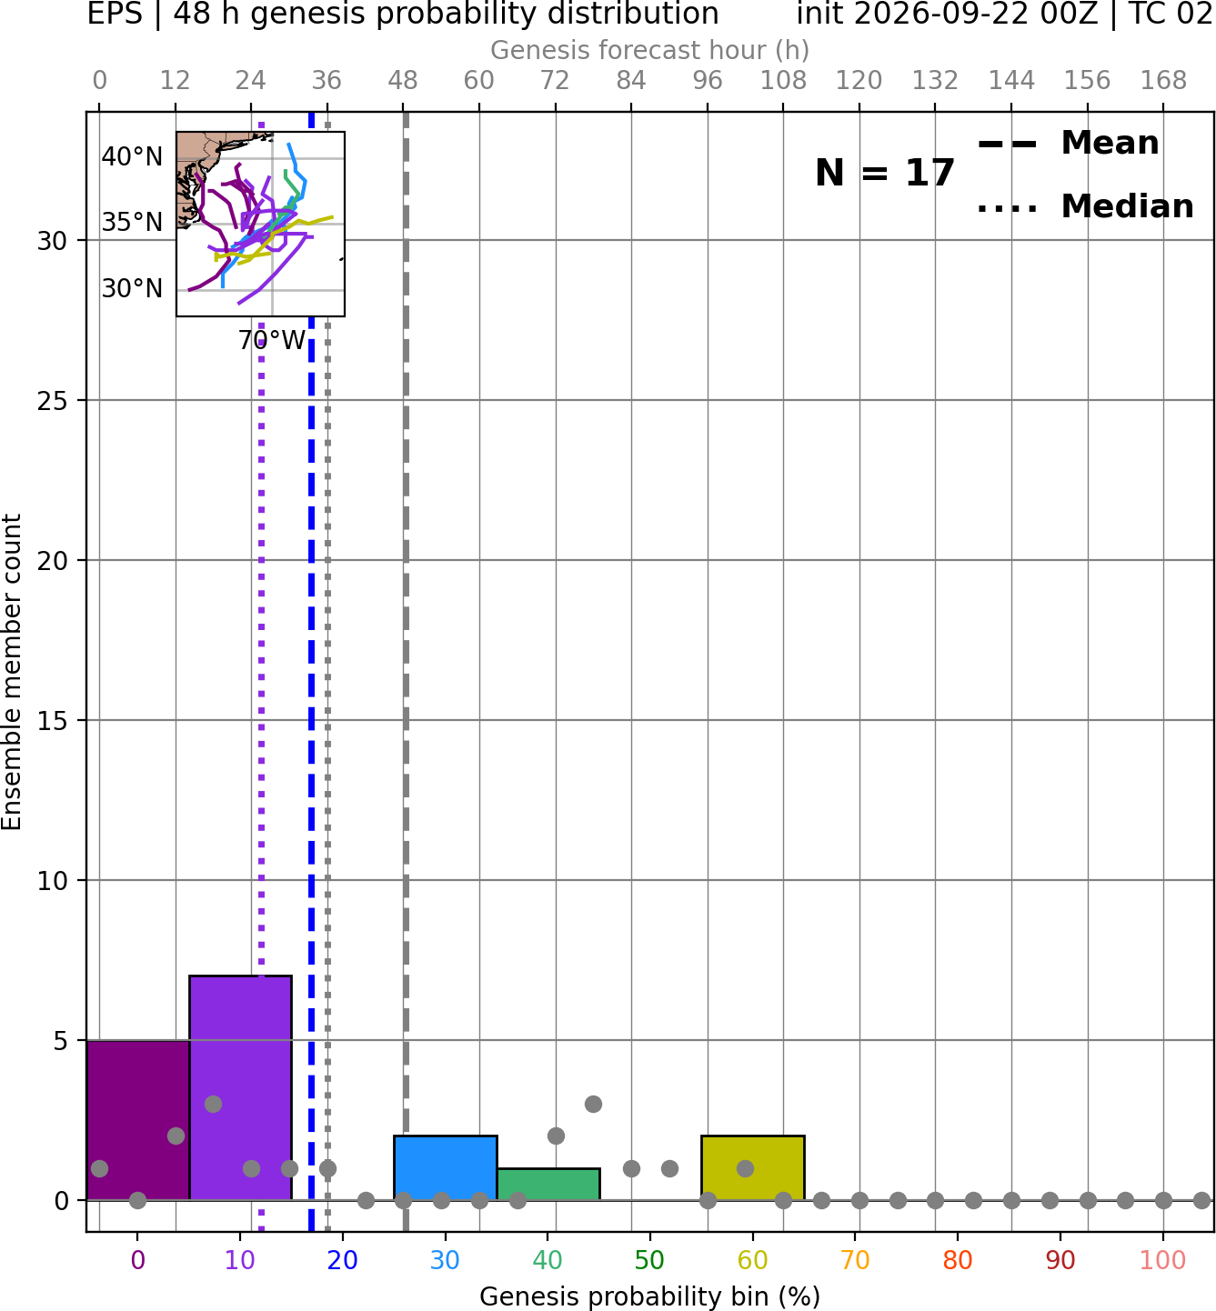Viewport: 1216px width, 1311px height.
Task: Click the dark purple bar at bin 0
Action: click(x=138, y=1120)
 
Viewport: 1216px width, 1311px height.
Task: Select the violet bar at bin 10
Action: click(x=240, y=1088)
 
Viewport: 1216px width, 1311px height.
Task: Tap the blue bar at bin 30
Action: click(x=445, y=1168)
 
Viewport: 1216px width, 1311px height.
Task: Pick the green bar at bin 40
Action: click(x=548, y=1185)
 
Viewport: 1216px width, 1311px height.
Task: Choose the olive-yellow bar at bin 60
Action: click(x=753, y=1168)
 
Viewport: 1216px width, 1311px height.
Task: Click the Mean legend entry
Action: click(x=1068, y=144)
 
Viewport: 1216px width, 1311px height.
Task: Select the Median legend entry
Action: click(x=1085, y=206)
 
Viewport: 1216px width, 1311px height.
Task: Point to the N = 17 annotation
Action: click(x=885, y=173)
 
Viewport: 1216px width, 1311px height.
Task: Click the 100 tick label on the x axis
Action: click(x=1163, y=1260)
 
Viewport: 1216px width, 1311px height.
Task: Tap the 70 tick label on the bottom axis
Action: click(x=855, y=1260)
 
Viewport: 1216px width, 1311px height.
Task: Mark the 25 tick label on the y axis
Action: click(x=53, y=401)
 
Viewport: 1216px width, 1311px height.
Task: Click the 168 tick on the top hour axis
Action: click(x=1163, y=81)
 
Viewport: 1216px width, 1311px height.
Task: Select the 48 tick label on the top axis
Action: click(x=403, y=81)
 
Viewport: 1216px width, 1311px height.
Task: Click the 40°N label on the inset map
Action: click(x=132, y=157)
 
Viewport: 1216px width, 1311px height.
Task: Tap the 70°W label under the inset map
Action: click(x=272, y=341)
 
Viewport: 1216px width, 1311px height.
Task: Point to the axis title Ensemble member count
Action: click(x=11, y=672)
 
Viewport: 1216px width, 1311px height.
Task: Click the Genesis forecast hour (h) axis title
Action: click(x=650, y=50)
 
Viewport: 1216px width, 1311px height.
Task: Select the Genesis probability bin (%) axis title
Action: click(x=650, y=1296)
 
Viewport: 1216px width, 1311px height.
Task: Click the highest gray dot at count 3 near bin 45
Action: click(x=593, y=1105)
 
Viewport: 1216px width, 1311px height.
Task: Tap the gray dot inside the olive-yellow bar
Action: click(x=745, y=1168)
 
